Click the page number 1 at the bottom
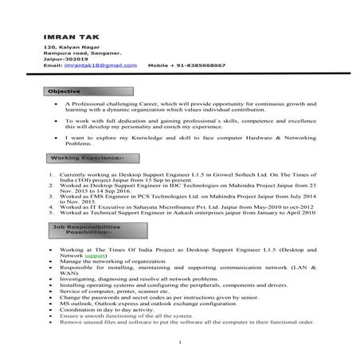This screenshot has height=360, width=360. pyautogui.click(x=180, y=343)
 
